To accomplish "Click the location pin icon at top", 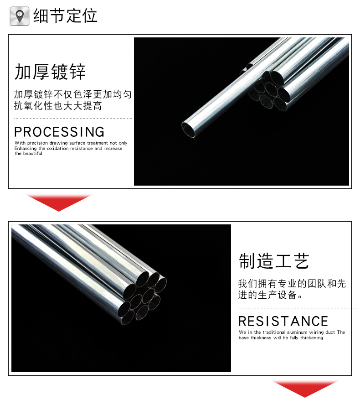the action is click(x=19, y=16).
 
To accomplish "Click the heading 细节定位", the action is click(x=65, y=16).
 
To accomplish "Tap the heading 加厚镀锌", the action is click(x=50, y=72).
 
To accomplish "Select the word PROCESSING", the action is click(x=59, y=132).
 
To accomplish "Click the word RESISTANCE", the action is click(x=283, y=321).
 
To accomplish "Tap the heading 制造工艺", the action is click(x=274, y=261).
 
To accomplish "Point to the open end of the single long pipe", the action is click(x=188, y=129).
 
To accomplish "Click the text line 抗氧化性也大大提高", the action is click(x=58, y=106).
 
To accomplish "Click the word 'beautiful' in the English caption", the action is click(x=32, y=153).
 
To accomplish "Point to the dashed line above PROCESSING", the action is click(x=73, y=119).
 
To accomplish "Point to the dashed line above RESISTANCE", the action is click(x=297, y=308).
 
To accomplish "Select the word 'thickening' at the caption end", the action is click(x=312, y=337).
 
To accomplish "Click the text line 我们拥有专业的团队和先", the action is click(x=292, y=283).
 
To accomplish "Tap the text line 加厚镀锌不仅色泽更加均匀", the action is click(x=73, y=94).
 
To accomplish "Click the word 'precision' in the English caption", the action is click(x=37, y=143).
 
